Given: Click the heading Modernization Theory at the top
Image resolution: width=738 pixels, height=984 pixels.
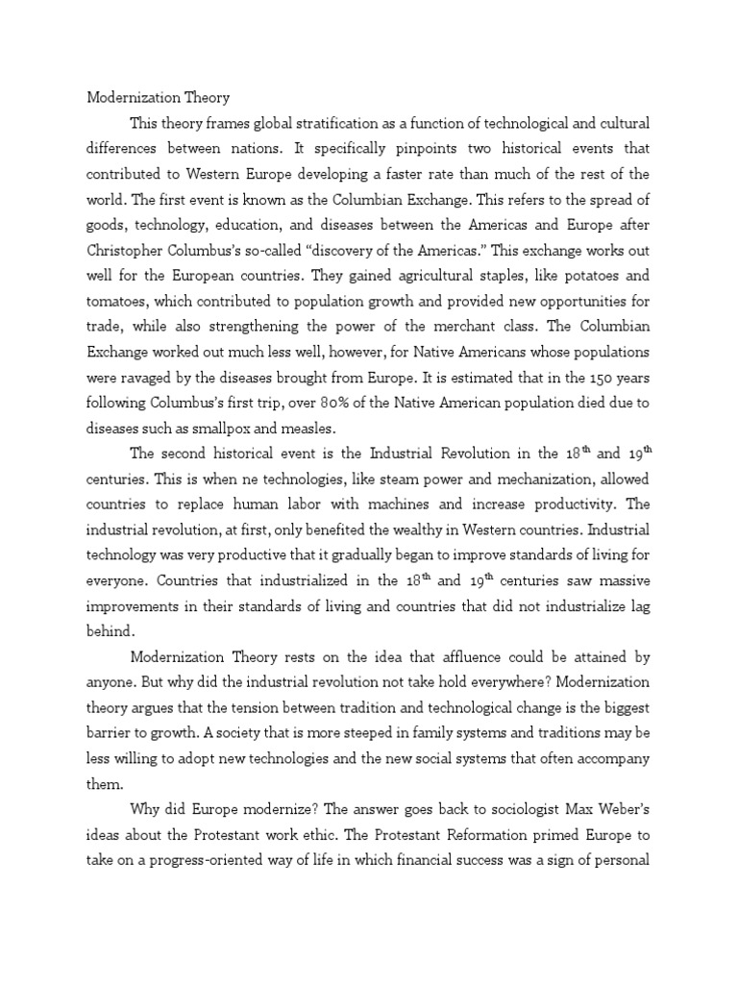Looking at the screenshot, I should click(159, 98).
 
